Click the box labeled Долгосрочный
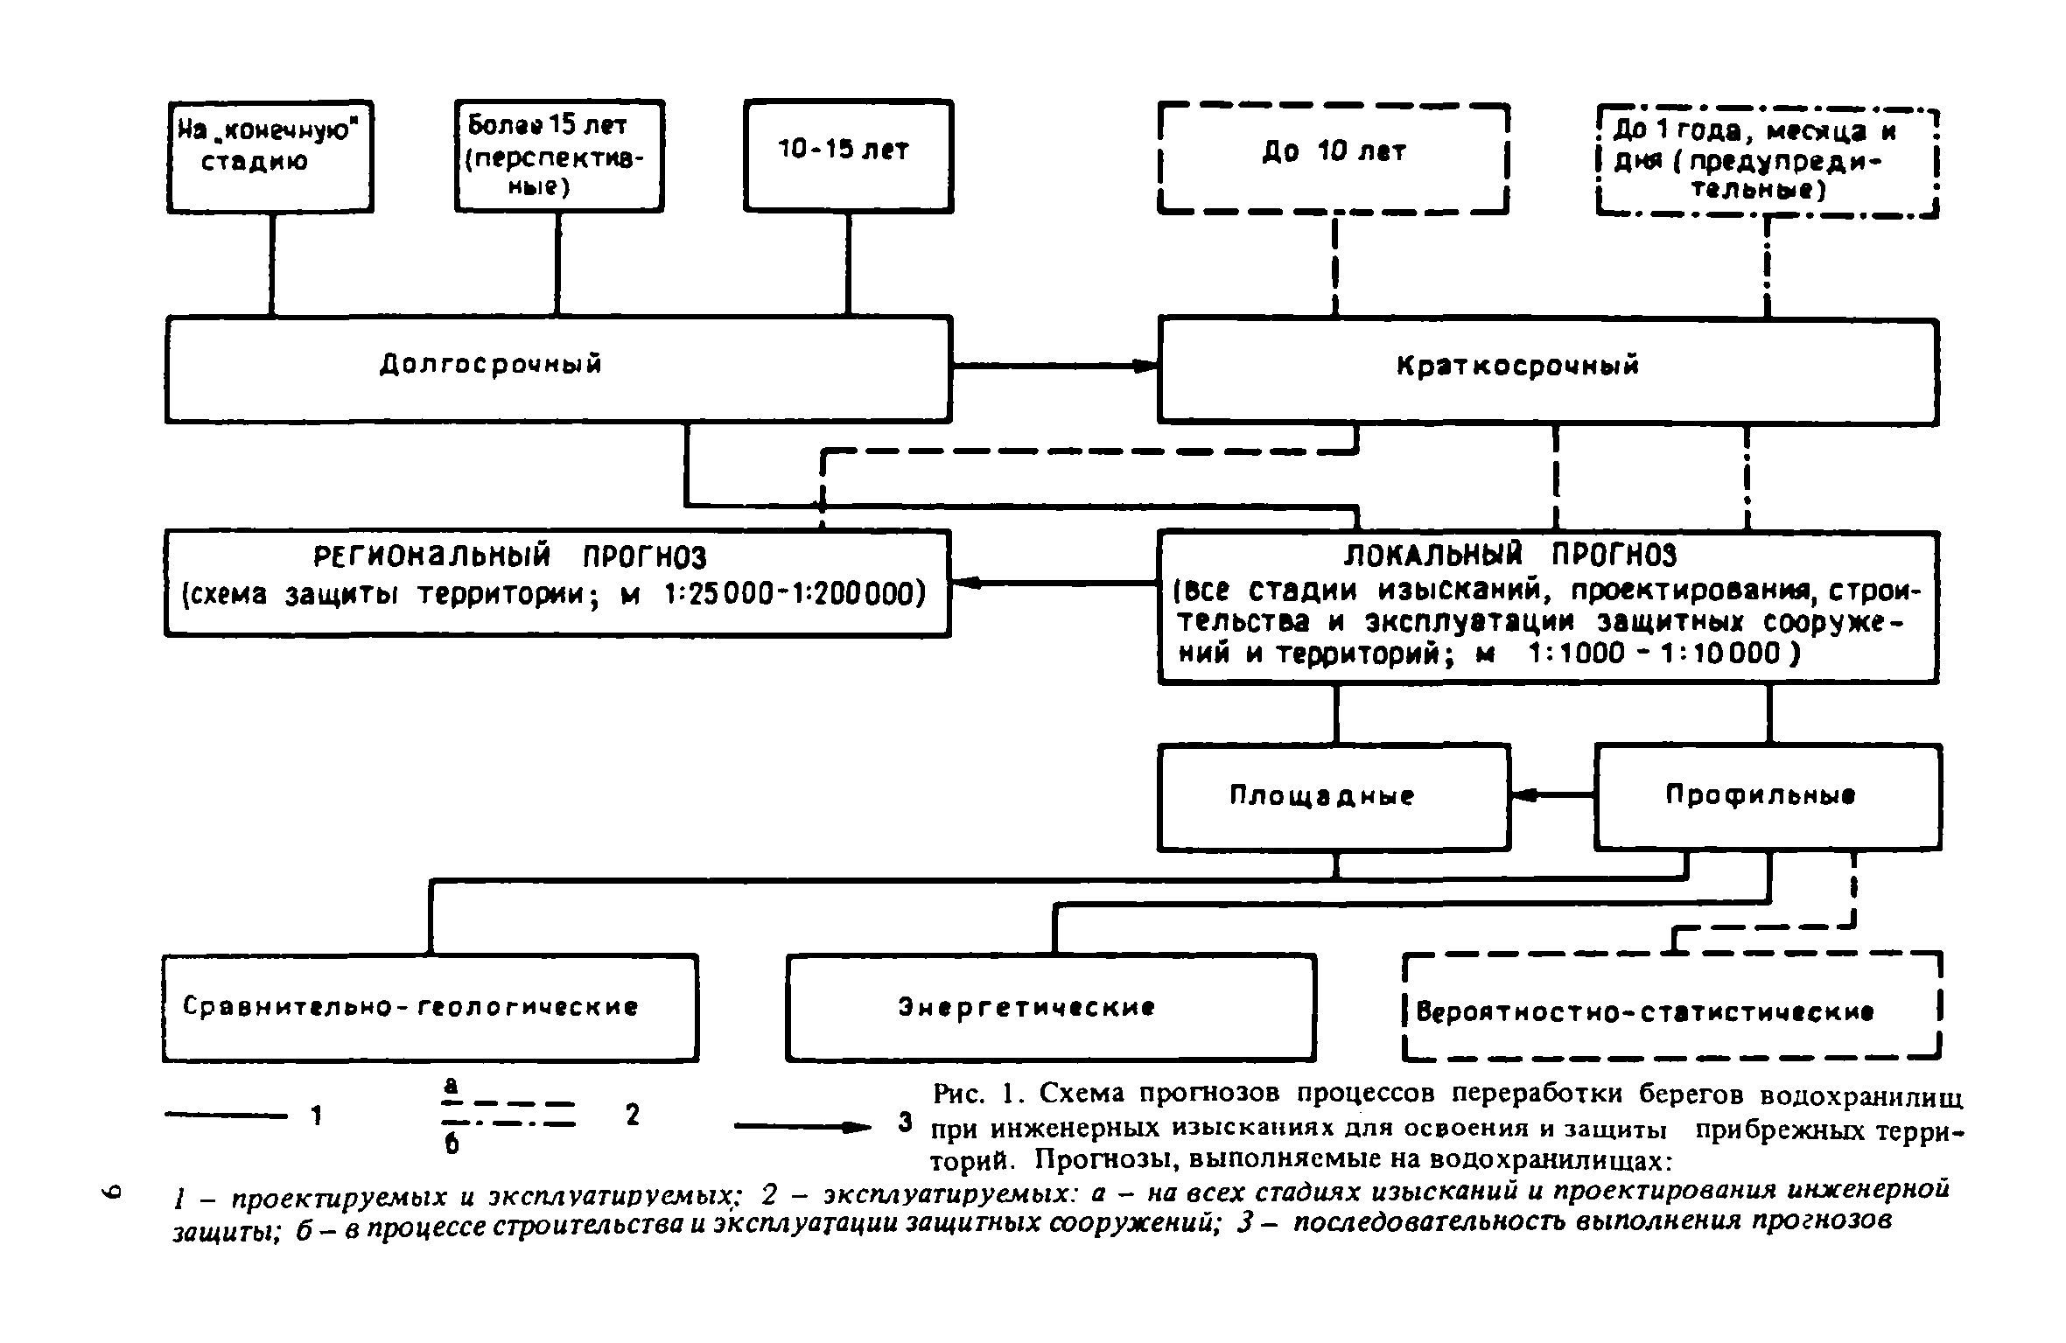[558, 368]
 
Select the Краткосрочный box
[1547, 371]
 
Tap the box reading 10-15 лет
[848, 155]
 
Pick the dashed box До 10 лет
[1334, 158]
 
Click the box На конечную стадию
[270, 156]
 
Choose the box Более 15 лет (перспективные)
[559, 155]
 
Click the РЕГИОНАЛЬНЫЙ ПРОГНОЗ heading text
[509, 557]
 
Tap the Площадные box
[1334, 796]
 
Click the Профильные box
[1767, 796]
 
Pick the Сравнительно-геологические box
[430, 1007]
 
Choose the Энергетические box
[1050, 1008]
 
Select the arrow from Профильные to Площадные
[1551, 795]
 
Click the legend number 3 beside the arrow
[906, 1122]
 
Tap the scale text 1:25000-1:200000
[795, 596]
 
